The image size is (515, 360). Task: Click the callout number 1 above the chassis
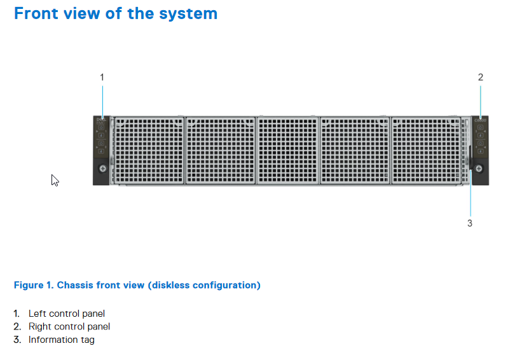coord(102,77)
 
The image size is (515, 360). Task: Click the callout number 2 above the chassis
coord(481,77)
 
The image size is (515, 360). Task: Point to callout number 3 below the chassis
coord(470,223)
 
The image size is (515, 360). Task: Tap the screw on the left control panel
coord(103,169)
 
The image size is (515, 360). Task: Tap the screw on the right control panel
coord(479,169)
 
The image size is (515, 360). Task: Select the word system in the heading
coord(188,14)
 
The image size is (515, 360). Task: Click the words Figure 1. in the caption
coord(34,285)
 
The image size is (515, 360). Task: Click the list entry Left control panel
coord(67,314)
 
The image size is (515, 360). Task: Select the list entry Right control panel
coord(69,326)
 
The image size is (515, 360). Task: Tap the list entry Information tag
coord(62,340)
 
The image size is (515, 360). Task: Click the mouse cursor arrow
coord(55,180)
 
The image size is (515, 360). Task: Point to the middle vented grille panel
coord(288,151)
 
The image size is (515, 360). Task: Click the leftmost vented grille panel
coord(148,151)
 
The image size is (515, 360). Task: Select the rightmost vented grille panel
coord(427,151)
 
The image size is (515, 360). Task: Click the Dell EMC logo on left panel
coord(101,121)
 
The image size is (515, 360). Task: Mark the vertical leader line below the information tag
coord(470,193)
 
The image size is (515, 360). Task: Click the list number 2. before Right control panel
coord(17,326)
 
